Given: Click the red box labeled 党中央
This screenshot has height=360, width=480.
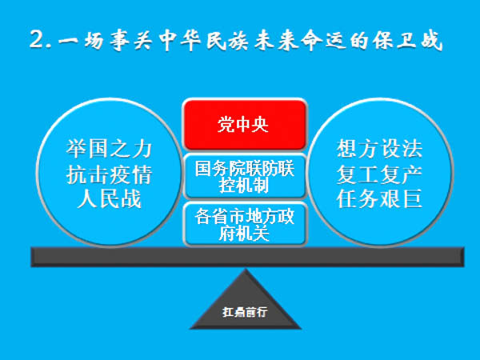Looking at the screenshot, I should coord(245,124).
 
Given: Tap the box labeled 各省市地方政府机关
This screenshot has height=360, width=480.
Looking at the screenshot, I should coord(245,224).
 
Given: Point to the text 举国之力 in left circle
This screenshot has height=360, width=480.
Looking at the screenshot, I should coord(107,149).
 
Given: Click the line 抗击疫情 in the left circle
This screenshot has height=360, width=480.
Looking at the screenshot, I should coord(107,174).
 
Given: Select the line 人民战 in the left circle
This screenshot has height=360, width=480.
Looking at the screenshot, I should coord(107,198).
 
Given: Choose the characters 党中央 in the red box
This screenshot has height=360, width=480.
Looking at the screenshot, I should coord(245,124).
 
